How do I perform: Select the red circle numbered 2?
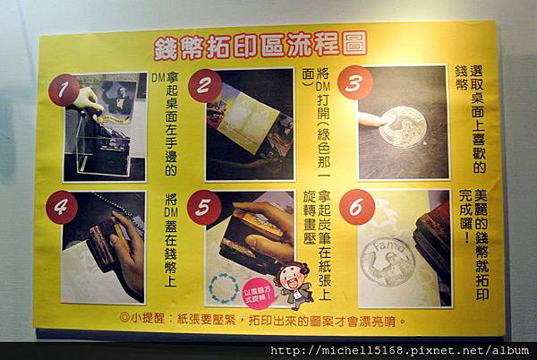coord(204,85)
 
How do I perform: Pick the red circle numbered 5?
coord(203,207)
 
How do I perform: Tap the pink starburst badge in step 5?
coord(260,292)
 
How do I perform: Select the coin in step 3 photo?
coord(401,125)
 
